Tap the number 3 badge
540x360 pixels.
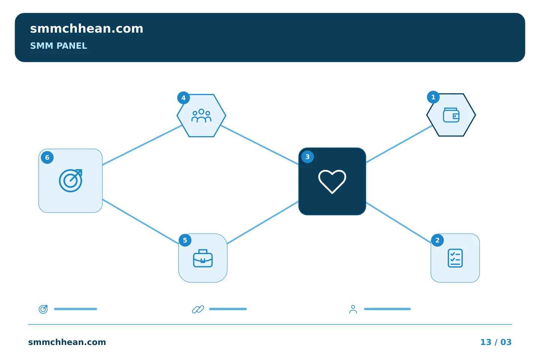pyautogui.click(x=307, y=157)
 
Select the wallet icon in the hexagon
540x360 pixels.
pyautogui.click(x=451, y=115)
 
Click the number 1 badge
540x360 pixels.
pyautogui.click(x=433, y=97)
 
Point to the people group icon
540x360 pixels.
pyautogui.click(x=201, y=116)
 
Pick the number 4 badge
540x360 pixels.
pyautogui.click(x=183, y=98)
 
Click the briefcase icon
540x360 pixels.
pyautogui.click(x=203, y=258)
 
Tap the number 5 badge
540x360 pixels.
pyautogui.click(x=185, y=240)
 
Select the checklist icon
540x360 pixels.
pyautogui.click(x=455, y=258)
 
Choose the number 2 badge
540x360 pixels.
pyautogui.click(x=437, y=240)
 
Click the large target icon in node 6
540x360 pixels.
pyautogui.click(x=70, y=181)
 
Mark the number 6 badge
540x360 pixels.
pyautogui.click(x=47, y=157)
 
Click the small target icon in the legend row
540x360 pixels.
pyautogui.click(x=43, y=309)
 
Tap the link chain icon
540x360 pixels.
pyautogui.click(x=198, y=309)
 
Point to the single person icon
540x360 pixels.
pyautogui.click(x=353, y=309)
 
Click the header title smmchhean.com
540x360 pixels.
pyautogui.click(x=87, y=28)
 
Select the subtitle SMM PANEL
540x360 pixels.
pyautogui.click(x=58, y=46)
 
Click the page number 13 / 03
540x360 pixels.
pyautogui.click(x=496, y=342)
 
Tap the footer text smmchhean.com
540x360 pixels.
pyautogui.click(x=67, y=342)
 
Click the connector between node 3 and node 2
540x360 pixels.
pyautogui.click(x=399, y=222)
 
